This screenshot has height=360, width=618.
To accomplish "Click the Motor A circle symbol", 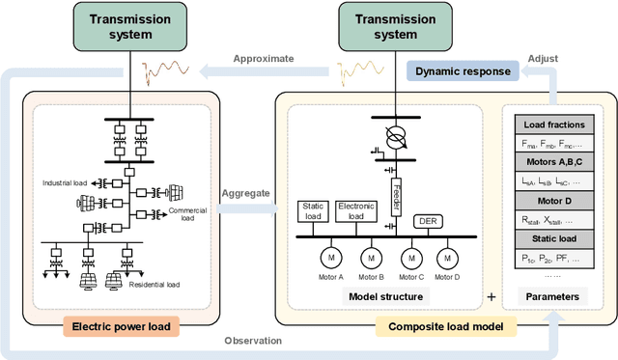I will (x=331, y=258).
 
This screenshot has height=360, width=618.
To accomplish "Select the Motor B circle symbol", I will (x=370, y=258).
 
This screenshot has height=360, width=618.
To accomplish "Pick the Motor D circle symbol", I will (x=447, y=258).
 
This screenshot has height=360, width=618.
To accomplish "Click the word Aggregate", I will (x=245, y=167).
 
